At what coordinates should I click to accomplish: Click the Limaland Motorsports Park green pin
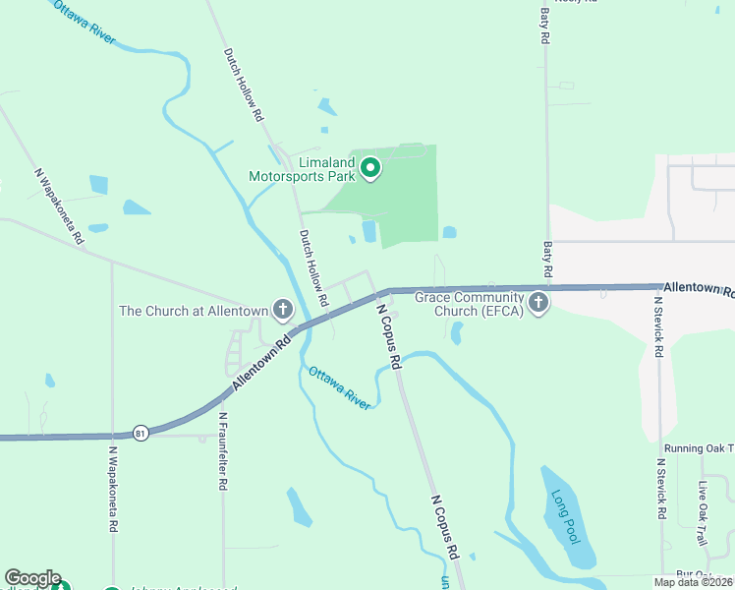click(x=370, y=169)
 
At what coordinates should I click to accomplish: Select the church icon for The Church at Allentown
click(x=282, y=311)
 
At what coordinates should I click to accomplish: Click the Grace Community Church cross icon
click(x=537, y=303)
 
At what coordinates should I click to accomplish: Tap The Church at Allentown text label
click(x=194, y=311)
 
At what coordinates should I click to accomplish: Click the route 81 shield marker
click(x=142, y=434)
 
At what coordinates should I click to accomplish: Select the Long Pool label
click(x=566, y=516)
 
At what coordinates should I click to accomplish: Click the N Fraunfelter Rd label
click(x=223, y=450)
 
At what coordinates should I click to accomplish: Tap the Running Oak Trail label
click(x=699, y=448)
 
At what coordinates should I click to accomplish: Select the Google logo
click(x=32, y=579)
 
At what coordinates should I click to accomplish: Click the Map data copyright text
click(x=694, y=582)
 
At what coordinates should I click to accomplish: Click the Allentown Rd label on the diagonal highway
click(x=263, y=363)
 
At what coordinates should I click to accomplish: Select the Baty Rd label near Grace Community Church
click(x=547, y=260)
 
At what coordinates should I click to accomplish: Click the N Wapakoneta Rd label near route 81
click(x=114, y=490)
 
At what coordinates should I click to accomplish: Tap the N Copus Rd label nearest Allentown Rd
click(x=389, y=336)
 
